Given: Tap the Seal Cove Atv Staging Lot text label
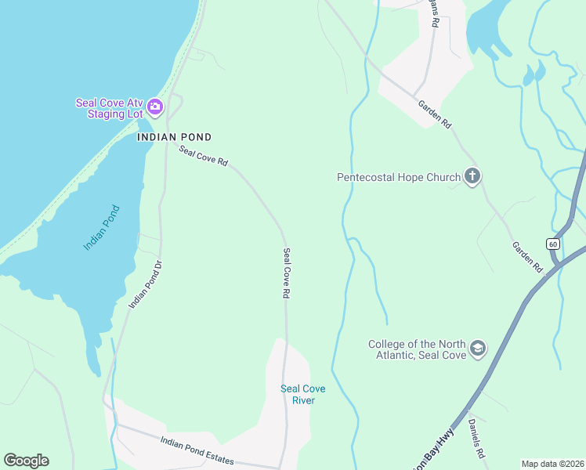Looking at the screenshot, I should (110, 108).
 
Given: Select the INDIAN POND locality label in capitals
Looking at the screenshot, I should (165, 136).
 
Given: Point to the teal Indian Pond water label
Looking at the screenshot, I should (102, 228).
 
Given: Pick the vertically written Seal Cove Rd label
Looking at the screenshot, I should (287, 273).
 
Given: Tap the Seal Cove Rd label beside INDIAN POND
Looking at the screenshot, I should (203, 156).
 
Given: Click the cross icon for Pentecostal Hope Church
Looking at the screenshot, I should (472, 176).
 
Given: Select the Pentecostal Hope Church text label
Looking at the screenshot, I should (399, 177).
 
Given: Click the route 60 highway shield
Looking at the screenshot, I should (553, 244).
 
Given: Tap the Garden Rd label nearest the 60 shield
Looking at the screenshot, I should (527, 256).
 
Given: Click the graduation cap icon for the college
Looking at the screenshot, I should (478, 349).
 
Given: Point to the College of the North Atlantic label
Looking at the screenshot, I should (418, 349).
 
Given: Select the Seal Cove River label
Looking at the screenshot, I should (303, 395).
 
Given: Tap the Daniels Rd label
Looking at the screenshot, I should (478, 438).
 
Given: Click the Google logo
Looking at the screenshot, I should (26, 461).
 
